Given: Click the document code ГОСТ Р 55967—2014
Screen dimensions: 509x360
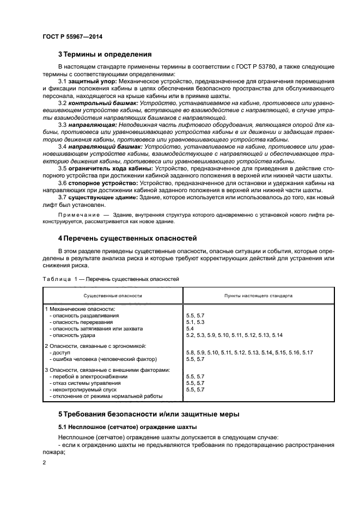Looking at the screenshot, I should pyautogui.click(x=72, y=36).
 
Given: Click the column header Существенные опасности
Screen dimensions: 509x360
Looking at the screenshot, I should pyautogui.click(x=113, y=296).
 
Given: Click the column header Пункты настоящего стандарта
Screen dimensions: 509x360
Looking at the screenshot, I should pyautogui.click(x=258, y=296).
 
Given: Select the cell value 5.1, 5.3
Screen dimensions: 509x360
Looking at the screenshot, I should pyautogui.click(x=195, y=322).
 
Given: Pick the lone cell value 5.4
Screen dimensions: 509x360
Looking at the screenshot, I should pyautogui.click(x=190, y=329).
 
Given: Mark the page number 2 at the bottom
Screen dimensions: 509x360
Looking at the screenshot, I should pyautogui.click(x=44, y=463).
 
